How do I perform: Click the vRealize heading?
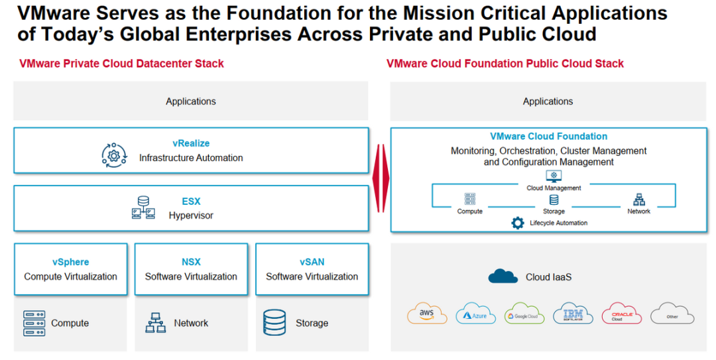click(191, 143)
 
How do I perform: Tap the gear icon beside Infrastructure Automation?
click(114, 155)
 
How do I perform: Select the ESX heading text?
click(191, 201)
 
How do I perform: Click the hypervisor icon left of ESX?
click(143, 208)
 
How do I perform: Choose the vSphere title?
click(71, 262)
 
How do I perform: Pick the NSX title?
click(191, 262)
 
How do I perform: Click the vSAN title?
click(312, 262)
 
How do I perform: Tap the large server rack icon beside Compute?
click(34, 323)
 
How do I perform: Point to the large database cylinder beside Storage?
click(274, 322)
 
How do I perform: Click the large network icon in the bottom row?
click(155, 322)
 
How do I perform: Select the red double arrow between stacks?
click(381, 178)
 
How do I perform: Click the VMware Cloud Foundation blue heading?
click(548, 136)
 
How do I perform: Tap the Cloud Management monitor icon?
click(554, 176)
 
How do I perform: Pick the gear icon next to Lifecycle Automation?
click(517, 223)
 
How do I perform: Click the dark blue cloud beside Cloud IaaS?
click(503, 276)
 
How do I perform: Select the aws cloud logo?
click(427, 314)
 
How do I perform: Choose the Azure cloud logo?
click(475, 314)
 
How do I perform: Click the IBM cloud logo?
click(573, 314)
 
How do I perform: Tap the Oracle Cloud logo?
click(621, 314)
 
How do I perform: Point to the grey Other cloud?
click(672, 314)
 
